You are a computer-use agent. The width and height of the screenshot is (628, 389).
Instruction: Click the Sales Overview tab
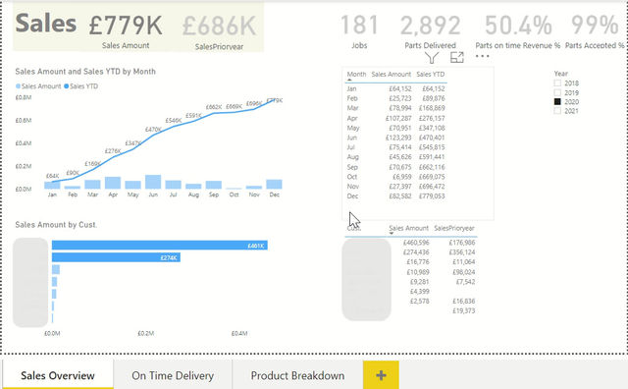(x=58, y=375)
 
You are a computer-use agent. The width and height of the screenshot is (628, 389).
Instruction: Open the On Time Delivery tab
(x=173, y=375)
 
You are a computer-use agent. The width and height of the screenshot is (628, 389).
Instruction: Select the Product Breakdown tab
(x=297, y=375)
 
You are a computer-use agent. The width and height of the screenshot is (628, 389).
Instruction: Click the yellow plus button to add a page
(x=381, y=375)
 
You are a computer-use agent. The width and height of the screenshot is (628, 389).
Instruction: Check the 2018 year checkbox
(x=558, y=84)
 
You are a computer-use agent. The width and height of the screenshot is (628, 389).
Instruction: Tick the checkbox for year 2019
(x=558, y=93)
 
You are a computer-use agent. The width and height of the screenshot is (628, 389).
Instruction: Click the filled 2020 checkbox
(x=558, y=102)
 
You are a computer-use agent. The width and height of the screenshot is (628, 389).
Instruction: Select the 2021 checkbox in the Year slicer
(x=558, y=111)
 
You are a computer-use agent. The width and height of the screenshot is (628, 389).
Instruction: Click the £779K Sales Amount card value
(x=126, y=25)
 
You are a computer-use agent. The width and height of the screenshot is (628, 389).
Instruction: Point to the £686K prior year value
(x=218, y=25)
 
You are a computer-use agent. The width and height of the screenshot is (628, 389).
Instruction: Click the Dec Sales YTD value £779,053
(x=430, y=194)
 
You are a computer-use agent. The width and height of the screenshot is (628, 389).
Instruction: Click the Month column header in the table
(x=356, y=74)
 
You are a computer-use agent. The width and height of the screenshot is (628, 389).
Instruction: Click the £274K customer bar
(x=114, y=258)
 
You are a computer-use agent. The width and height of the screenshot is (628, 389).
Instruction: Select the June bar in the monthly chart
(x=152, y=182)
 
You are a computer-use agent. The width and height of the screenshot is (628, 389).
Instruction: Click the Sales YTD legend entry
(x=87, y=86)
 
